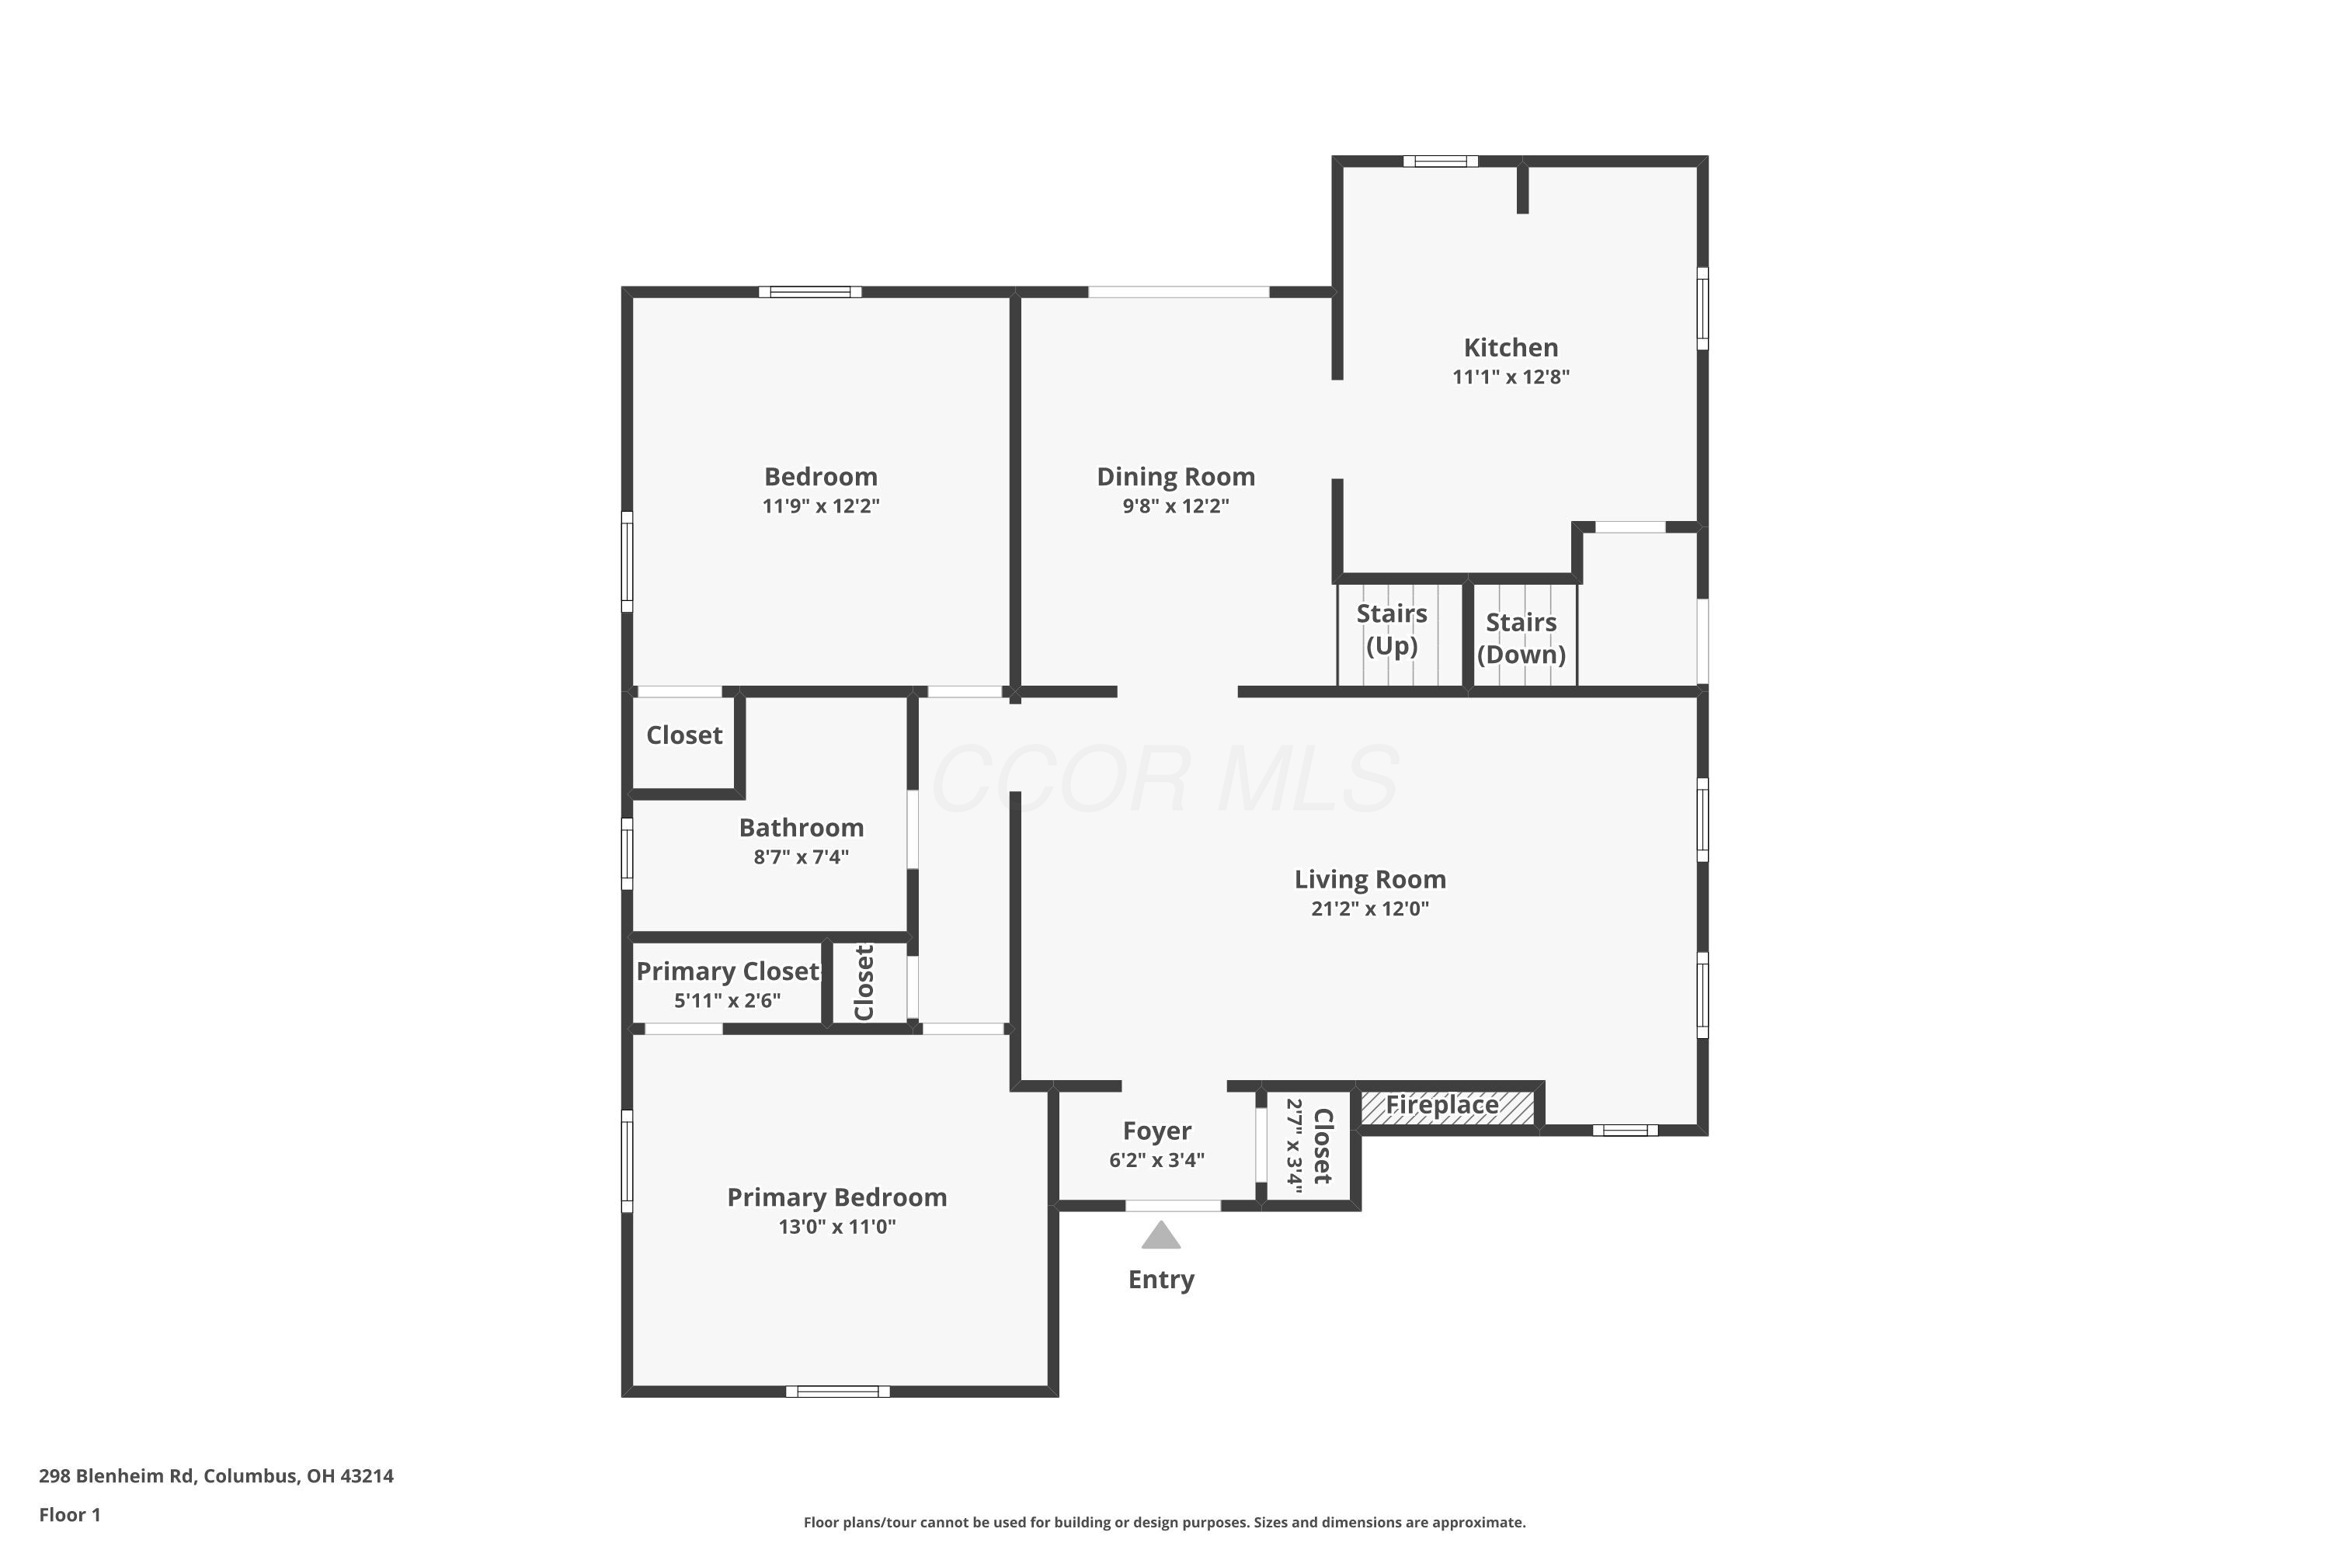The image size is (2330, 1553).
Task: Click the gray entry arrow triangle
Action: pyautogui.click(x=1160, y=1236)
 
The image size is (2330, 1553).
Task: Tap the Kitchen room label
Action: pyautogui.click(x=1510, y=348)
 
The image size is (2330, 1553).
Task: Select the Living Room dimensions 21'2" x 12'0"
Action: pyautogui.click(x=1369, y=909)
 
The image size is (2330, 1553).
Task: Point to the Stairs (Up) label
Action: pyautogui.click(x=1391, y=629)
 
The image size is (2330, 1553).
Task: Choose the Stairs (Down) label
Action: pyautogui.click(x=1521, y=638)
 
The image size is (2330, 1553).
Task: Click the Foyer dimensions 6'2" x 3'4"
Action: pyautogui.click(x=1156, y=1160)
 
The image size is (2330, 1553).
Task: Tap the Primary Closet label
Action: pyautogui.click(x=729, y=971)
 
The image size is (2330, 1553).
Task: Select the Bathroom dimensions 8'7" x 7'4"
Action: pyautogui.click(x=801, y=856)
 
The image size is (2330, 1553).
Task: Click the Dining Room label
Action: pyautogui.click(x=1175, y=477)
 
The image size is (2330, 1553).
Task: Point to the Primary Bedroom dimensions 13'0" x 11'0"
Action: pyautogui.click(x=836, y=1226)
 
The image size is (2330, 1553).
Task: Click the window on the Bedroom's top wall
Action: pyautogui.click(x=810, y=292)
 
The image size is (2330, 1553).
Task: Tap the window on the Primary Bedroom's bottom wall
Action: pyautogui.click(x=837, y=1391)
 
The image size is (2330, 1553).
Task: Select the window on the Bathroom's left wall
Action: pyautogui.click(x=627, y=853)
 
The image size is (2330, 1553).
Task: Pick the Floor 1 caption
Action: pyautogui.click(x=69, y=1514)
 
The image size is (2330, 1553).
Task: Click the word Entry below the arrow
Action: pyautogui.click(x=1160, y=1280)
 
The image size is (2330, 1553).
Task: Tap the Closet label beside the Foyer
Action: pyautogui.click(x=1323, y=1146)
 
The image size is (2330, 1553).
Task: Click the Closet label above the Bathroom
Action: pyautogui.click(x=683, y=735)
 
